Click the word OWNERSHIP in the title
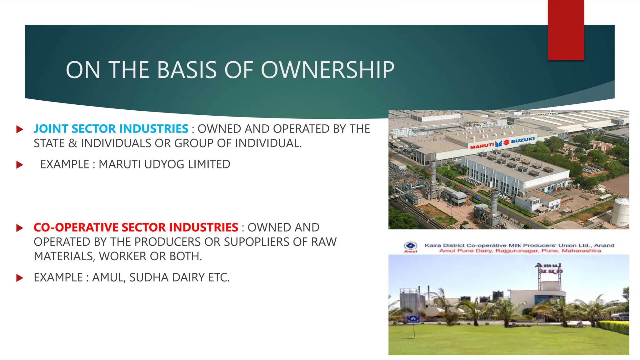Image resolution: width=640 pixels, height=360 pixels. pyautogui.click(x=327, y=70)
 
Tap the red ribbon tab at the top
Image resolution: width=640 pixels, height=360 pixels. pyautogui.click(x=566, y=30)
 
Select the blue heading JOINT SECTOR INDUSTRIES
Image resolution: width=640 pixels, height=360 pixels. pyautogui.click(x=111, y=129)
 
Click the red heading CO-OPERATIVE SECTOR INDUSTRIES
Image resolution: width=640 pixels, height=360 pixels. pyautogui.click(x=136, y=227)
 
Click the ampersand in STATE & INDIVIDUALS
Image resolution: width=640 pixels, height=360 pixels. pyautogui.click(x=72, y=143)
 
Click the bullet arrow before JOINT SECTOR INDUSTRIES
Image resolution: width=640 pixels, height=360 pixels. pyautogui.click(x=20, y=129)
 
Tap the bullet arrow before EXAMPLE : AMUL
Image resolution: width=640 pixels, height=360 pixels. pyautogui.click(x=20, y=278)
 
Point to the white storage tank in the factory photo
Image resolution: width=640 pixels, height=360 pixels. pyautogui.click(x=620, y=212)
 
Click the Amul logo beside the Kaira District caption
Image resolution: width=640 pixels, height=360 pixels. pyautogui.click(x=411, y=247)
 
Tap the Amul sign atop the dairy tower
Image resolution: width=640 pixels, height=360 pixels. pyautogui.click(x=549, y=268)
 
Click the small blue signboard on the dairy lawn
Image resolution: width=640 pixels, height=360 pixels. pyautogui.click(x=413, y=319)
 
